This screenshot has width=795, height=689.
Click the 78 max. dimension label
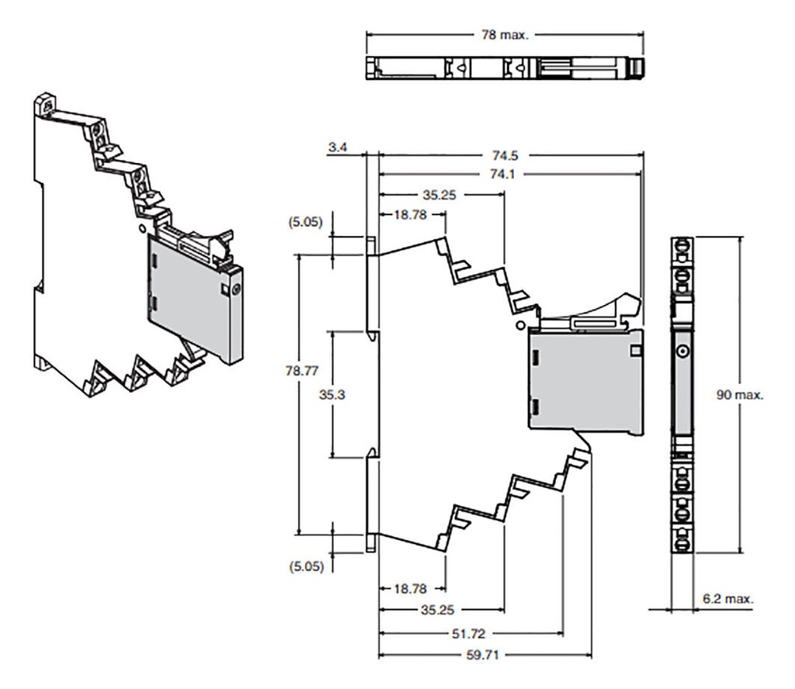[505, 35]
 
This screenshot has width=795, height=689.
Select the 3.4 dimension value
[338, 147]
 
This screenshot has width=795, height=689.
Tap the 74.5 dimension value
[505, 155]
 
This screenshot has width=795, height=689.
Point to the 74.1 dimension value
[502, 175]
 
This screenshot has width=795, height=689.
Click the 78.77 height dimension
[302, 371]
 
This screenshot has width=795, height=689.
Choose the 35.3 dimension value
[332, 394]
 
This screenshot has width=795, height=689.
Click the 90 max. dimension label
[740, 395]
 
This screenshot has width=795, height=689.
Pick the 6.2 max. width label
[728, 599]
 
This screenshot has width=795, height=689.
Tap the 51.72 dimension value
[468, 634]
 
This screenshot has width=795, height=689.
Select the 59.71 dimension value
[483, 655]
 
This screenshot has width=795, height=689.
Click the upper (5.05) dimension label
[305, 222]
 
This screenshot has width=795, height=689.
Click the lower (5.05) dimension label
[306, 566]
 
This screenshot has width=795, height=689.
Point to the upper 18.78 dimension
[410, 215]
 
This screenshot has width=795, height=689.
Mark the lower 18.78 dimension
[410, 589]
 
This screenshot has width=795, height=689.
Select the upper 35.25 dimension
[439, 195]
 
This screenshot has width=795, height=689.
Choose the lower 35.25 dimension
[437, 610]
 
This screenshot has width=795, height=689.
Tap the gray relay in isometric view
[195, 299]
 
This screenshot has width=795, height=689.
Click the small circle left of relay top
[519, 325]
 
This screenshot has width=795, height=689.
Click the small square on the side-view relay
[635, 351]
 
